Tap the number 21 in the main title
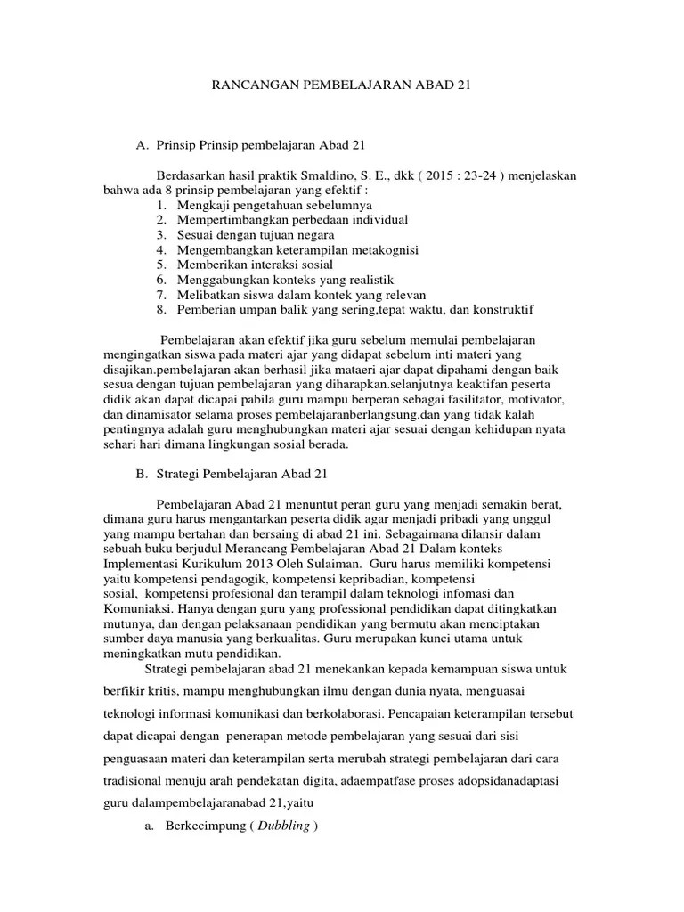tap(461, 86)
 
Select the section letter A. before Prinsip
tap(142, 144)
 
